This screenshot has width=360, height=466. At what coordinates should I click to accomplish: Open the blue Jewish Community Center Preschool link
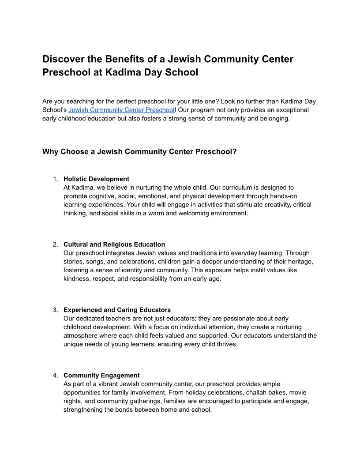(x=121, y=110)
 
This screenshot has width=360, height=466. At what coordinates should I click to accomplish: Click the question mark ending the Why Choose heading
(x=235, y=152)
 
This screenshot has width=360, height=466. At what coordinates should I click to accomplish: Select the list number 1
(x=55, y=179)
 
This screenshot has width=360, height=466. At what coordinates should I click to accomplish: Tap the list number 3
(x=55, y=310)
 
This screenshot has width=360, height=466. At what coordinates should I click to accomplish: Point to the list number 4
(x=55, y=376)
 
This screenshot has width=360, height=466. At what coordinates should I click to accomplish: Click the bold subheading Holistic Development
(x=96, y=179)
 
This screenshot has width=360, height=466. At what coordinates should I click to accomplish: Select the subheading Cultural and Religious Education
(x=114, y=244)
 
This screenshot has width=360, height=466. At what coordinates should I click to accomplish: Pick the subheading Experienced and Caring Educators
(x=117, y=310)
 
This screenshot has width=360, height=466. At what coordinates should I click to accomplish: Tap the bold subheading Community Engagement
(x=101, y=376)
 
